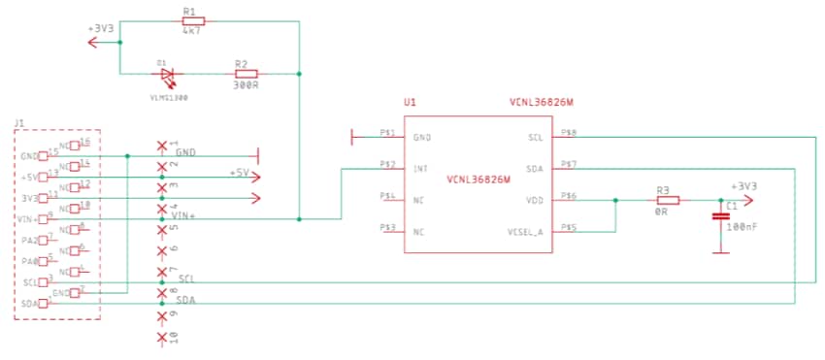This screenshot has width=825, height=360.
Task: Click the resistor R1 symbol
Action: (191, 20)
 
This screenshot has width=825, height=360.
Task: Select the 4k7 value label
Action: (191, 32)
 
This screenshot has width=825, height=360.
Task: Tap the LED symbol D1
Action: (168, 74)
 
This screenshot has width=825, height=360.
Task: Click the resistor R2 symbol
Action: (246, 73)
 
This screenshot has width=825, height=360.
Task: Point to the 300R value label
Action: (246, 85)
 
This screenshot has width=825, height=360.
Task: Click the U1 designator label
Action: (410, 102)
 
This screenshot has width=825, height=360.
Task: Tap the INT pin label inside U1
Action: (420, 169)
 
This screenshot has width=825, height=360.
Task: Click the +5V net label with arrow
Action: (240, 173)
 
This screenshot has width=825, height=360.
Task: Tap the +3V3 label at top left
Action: (101, 29)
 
